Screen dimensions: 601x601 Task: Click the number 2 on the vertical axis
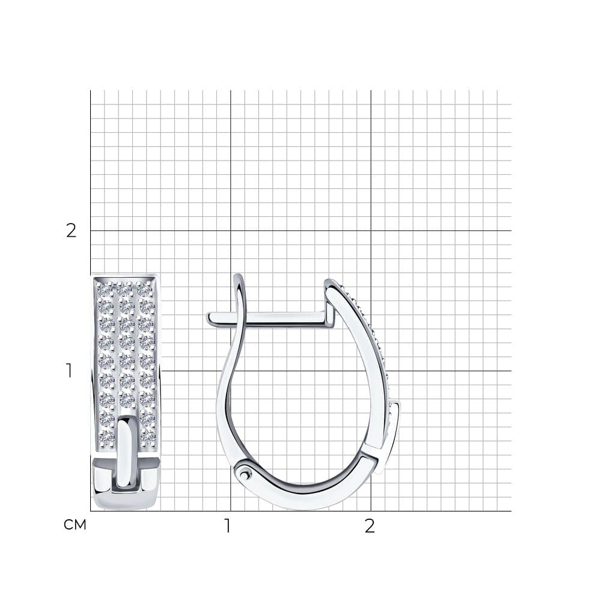72,231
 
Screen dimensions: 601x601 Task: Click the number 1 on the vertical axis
69,371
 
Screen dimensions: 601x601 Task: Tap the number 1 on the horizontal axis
228,526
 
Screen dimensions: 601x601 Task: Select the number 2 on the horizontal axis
370,526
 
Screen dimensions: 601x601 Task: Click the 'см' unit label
75,525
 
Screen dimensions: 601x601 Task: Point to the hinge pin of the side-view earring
245,475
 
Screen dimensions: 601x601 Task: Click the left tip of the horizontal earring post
208,317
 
